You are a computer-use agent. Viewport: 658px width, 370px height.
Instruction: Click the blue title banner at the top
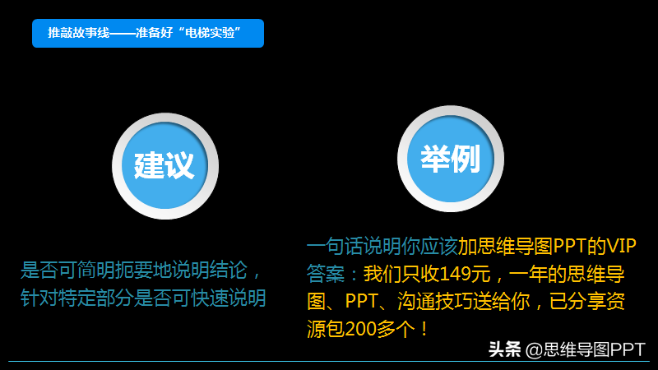(148, 33)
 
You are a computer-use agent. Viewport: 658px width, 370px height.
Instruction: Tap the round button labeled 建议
(165, 166)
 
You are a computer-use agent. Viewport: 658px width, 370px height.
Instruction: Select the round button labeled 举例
(451, 159)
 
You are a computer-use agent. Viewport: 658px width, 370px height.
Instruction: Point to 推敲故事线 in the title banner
(78, 33)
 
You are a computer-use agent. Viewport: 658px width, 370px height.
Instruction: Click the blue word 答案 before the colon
(325, 274)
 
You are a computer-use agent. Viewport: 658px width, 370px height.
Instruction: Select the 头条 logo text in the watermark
(505, 349)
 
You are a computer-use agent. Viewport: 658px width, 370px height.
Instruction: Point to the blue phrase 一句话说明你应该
(382, 246)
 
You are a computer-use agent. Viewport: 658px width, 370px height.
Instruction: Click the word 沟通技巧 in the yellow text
(435, 302)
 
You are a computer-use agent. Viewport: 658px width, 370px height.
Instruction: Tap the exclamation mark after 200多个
(424, 330)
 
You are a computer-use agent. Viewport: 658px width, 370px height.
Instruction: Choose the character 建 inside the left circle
(149, 166)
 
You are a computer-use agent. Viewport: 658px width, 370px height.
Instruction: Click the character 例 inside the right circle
(466, 159)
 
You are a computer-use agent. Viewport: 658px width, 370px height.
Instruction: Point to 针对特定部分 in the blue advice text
(76, 298)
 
